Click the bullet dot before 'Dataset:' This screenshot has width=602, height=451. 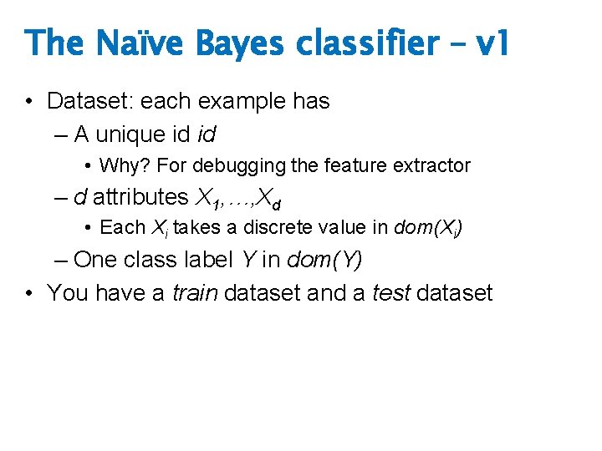(29, 102)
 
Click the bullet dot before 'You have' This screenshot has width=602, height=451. (29, 293)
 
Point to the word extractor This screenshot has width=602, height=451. (435, 165)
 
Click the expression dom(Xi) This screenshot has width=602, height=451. (429, 227)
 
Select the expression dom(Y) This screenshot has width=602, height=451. (324, 260)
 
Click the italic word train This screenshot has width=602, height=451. (196, 293)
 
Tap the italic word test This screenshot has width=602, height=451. (391, 293)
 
